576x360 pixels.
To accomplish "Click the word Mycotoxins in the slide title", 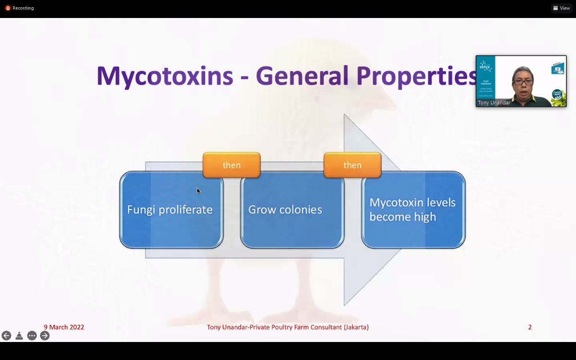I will (165, 76).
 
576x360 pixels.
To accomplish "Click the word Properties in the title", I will (416, 76).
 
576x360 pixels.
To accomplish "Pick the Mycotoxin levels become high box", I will (413, 210).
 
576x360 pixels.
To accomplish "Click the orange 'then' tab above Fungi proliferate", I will (231, 165).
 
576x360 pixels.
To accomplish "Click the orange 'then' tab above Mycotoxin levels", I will (352, 165).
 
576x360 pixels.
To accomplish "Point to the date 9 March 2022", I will (64, 327).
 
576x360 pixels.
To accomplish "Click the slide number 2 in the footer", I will (530, 327).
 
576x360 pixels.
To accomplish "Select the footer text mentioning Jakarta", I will (288, 327).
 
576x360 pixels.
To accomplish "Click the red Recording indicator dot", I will (8, 8).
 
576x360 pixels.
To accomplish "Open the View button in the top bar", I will (562, 8).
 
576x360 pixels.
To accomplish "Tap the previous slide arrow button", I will (6, 336).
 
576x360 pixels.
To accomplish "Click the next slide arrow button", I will (45, 336).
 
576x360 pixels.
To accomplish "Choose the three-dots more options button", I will (32, 336).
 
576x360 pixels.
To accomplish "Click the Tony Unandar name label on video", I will (494, 103).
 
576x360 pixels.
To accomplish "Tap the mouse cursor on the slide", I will (198, 191).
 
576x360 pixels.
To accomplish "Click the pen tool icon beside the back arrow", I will (19, 336).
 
